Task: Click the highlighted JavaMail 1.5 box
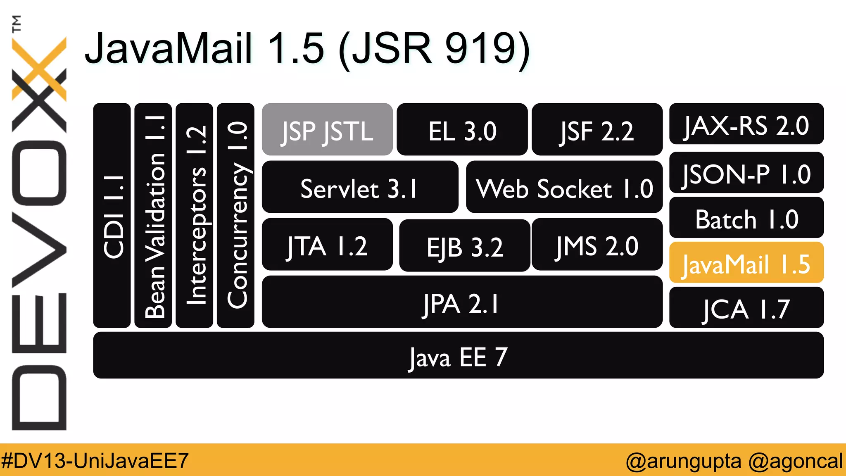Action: pyautogui.click(x=746, y=263)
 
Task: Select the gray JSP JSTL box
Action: pyautogui.click(x=327, y=130)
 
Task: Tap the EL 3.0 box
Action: pyautogui.click(x=462, y=130)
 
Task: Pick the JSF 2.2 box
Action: pyautogui.click(x=597, y=130)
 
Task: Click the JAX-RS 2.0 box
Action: pyautogui.click(x=746, y=124)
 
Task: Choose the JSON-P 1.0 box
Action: pyautogui.click(x=746, y=173)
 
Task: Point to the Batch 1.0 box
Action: pyautogui.click(x=746, y=218)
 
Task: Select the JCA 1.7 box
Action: pyautogui.click(x=746, y=308)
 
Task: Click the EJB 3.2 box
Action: pyautogui.click(x=465, y=245)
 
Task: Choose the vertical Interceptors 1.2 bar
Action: pyautogui.click(x=195, y=215)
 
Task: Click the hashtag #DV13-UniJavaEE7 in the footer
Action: pyautogui.click(x=95, y=460)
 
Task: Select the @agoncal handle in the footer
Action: pyautogui.click(x=795, y=460)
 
